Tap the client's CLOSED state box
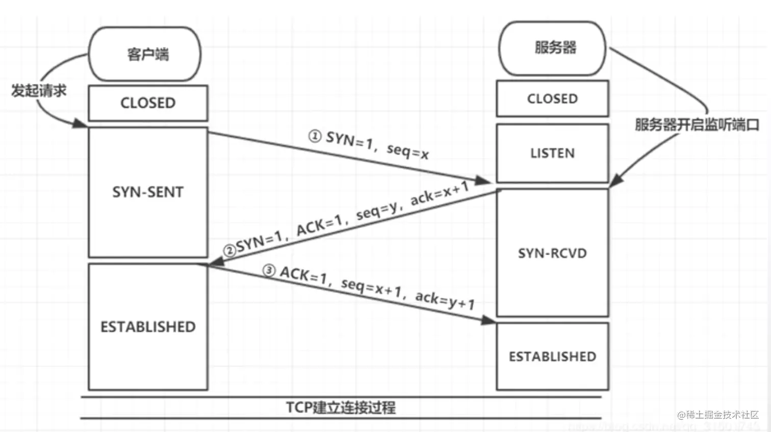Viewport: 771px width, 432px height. (148, 103)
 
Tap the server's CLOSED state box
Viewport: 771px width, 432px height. (552, 98)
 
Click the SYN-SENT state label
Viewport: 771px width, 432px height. (148, 192)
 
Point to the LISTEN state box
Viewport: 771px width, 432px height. (552, 153)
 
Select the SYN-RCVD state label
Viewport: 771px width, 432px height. (552, 253)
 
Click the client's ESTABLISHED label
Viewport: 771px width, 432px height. (148, 327)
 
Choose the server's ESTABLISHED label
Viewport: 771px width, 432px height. (552, 357)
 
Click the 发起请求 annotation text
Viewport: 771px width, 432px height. (39, 91)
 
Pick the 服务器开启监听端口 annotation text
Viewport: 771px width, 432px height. (697, 124)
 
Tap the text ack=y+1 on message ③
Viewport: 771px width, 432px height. (445, 300)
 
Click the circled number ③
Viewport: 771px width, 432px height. (269, 271)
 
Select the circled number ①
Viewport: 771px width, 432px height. (315, 136)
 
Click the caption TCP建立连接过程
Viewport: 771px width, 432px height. (341, 408)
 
